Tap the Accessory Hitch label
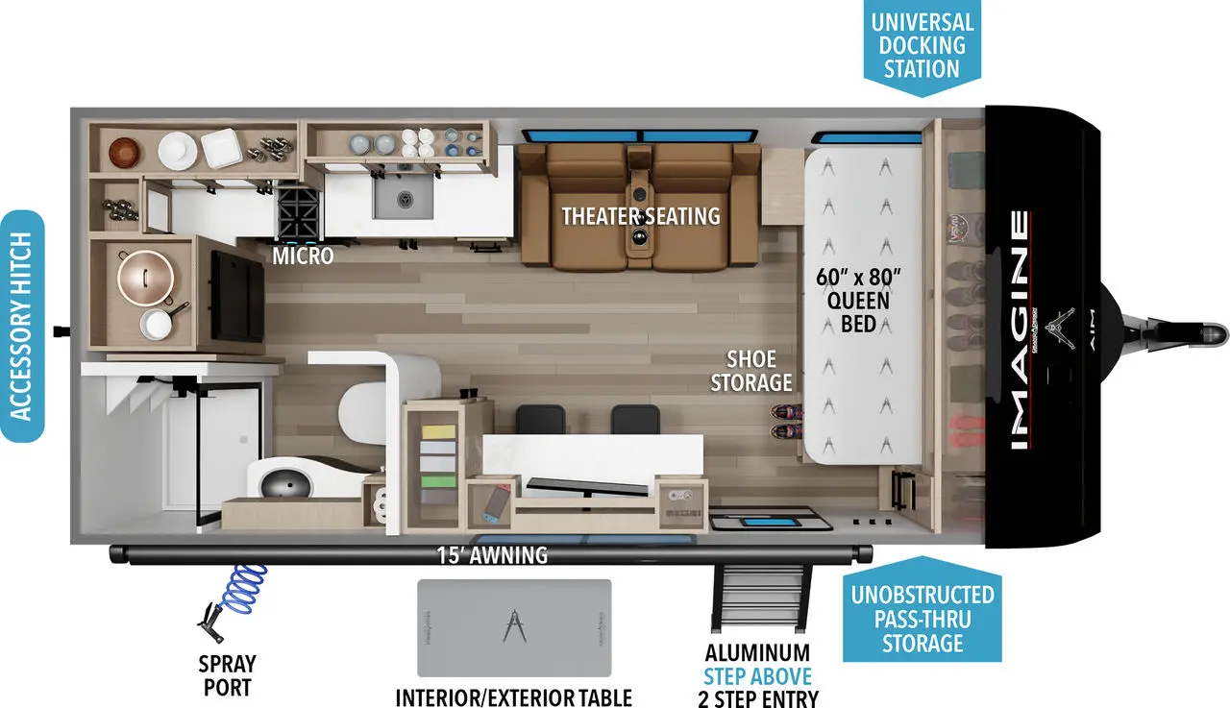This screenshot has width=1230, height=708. click(22, 325)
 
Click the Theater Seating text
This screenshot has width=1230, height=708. click(641, 215)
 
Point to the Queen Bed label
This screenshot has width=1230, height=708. click(858, 301)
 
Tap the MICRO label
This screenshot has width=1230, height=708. click(303, 256)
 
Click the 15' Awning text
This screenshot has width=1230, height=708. click(492, 554)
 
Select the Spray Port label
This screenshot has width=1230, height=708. click(228, 675)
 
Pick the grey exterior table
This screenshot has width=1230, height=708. click(514, 627)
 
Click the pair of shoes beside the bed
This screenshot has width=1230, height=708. click(785, 421)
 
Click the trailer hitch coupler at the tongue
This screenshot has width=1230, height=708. click(1209, 334)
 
